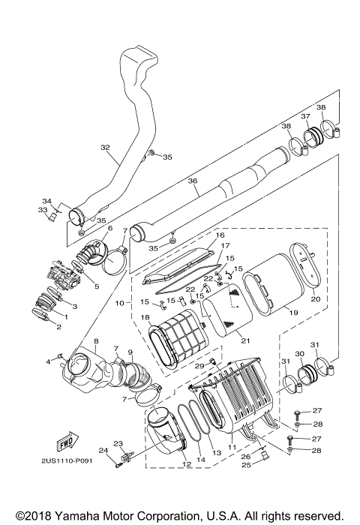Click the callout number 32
[x=104, y=148]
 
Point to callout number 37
[x=305, y=116]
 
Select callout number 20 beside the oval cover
[x=315, y=298]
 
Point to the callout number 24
[x=103, y=450]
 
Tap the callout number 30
[x=299, y=354]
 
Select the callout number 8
[x=96, y=342]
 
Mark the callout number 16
[x=220, y=235]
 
